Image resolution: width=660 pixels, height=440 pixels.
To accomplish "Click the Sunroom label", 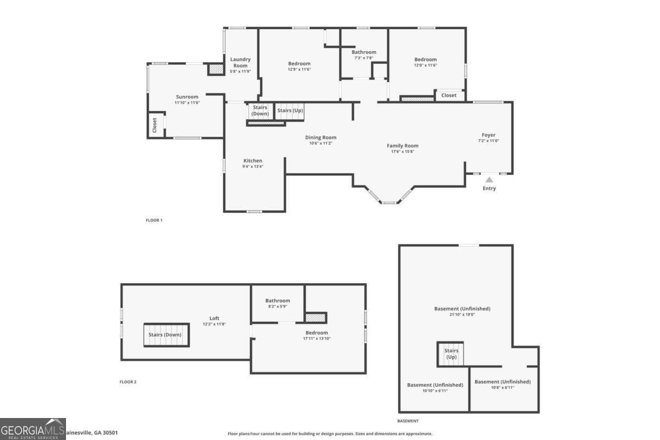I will [x=187, y=97].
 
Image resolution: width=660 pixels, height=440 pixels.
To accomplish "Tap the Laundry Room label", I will [x=240, y=62].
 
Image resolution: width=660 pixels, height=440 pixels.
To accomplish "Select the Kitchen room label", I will [x=253, y=161].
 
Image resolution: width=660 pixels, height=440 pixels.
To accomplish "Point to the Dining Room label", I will [x=321, y=137].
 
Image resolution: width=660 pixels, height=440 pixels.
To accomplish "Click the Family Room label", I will [x=403, y=146].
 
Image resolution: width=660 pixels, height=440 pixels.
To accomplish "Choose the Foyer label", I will [x=488, y=135].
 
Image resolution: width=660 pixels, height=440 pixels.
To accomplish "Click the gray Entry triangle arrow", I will [x=489, y=179].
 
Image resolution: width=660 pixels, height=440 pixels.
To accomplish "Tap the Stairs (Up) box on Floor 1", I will [x=290, y=111].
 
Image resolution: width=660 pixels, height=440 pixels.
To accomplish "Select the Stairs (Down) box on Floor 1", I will [x=260, y=111].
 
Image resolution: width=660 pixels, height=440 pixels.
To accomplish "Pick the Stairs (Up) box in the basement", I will [x=451, y=354].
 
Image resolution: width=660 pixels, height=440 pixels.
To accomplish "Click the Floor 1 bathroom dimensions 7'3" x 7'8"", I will [x=364, y=58].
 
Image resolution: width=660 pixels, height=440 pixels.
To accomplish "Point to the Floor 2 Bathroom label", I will [x=278, y=301].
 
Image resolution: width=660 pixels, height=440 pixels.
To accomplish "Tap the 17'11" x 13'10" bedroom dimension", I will [x=316, y=338].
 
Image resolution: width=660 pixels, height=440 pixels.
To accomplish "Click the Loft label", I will [x=215, y=318].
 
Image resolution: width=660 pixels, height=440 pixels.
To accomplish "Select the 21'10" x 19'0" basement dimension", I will [x=462, y=315].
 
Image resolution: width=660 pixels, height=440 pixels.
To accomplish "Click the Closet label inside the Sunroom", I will [x=155, y=125].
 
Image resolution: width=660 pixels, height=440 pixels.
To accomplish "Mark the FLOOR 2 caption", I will [x=128, y=382].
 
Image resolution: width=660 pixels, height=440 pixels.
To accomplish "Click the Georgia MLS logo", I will [x=33, y=429].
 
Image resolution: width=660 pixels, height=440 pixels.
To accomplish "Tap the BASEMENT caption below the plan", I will [x=408, y=421].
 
